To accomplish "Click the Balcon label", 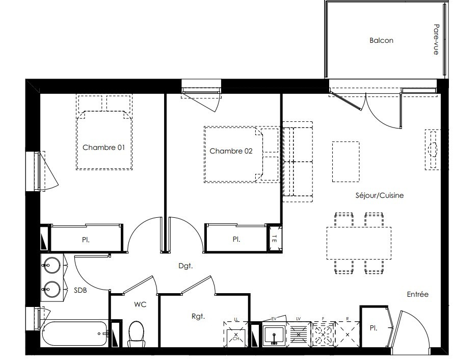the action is point(381,40).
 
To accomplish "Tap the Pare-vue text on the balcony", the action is point(436,39).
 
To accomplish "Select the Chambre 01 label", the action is point(103,147).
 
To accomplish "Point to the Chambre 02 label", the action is point(231,151).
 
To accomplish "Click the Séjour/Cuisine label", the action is point(379,195).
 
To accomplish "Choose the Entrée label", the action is point(417,294).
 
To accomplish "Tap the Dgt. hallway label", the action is point(185,266).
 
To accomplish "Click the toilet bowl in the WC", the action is point(136,334).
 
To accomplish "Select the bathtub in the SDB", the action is point(75,333).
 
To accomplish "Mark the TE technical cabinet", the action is point(274,238).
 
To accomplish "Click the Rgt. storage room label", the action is point(198,316).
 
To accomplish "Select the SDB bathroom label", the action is point(80,290).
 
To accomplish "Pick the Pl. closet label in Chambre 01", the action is point(86,240).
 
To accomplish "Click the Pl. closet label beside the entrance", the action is point(373,328).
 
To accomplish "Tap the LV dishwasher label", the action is point(298,319).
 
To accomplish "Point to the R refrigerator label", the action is point(348,319).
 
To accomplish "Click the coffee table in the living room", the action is point(345,162).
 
